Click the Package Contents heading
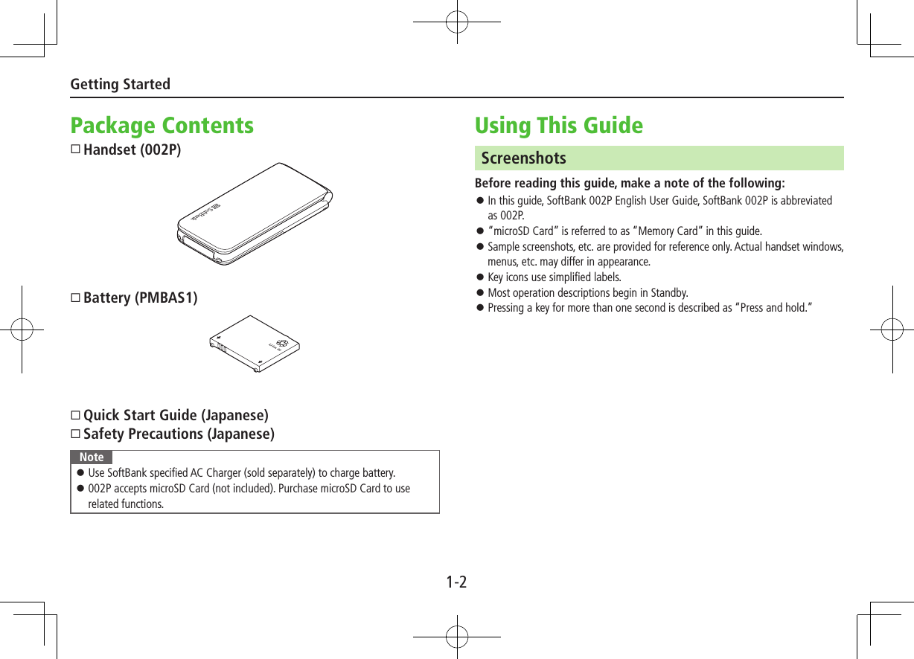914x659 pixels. coord(162,126)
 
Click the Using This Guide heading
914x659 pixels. coord(558,126)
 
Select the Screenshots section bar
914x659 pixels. coord(659,158)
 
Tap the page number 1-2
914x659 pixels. coord(456,582)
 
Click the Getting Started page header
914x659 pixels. coord(120,84)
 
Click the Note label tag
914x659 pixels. coord(92,457)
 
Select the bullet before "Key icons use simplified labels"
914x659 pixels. coord(481,277)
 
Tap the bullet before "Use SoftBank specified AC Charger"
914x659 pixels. coord(80,473)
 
